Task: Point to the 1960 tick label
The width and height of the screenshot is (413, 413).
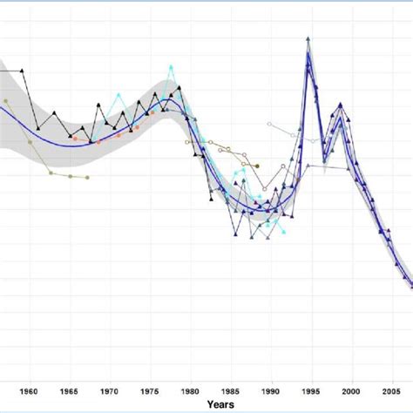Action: coord(28,391)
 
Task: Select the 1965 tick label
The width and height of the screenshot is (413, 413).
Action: coord(68,391)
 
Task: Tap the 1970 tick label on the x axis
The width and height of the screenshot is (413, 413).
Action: coord(109,391)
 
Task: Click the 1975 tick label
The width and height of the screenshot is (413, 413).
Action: coord(149,391)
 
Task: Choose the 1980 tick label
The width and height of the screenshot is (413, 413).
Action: coord(190,391)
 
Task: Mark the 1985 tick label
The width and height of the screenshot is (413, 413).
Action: coord(230,391)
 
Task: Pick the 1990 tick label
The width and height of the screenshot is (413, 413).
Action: coord(271,391)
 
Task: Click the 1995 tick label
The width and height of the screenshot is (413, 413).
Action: coord(311,391)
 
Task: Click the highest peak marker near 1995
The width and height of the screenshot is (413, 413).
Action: coord(308,39)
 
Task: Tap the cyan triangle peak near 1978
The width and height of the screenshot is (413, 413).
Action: coord(172,66)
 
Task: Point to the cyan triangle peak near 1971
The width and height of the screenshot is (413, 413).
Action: coord(118,94)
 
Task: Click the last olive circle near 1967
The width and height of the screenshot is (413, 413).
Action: coord(87,178)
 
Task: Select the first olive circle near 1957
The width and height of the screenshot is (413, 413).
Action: coord(6,101)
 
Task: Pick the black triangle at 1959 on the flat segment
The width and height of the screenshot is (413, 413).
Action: coord(22,71)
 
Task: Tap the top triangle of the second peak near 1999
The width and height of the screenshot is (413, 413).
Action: coord(341,105)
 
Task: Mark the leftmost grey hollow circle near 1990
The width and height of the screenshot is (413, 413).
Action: coord(269,125)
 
